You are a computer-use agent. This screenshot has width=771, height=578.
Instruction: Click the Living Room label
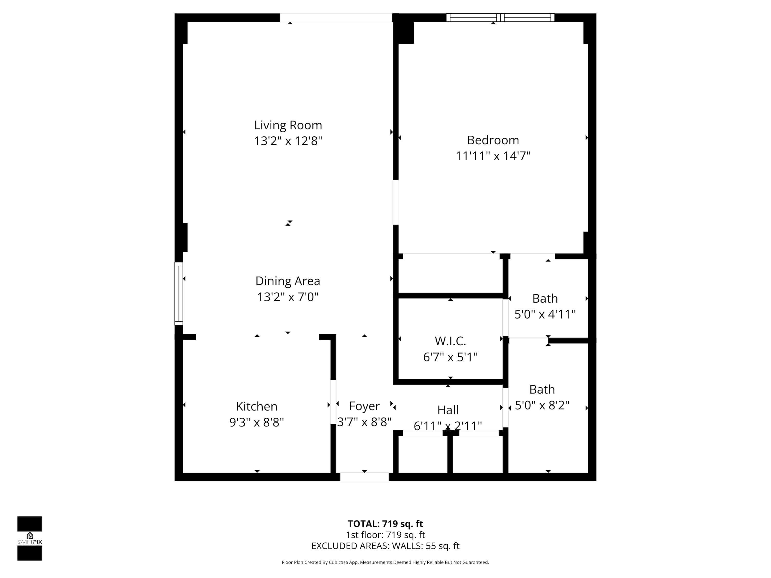pos(288,125)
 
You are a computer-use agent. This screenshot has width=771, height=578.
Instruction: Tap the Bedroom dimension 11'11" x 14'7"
pos(493,156)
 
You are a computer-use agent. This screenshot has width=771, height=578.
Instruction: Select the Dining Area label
pos(288,281)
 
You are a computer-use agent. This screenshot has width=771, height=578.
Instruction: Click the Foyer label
pos(364,406)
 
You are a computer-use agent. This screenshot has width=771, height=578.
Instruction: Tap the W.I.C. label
pos(450,341)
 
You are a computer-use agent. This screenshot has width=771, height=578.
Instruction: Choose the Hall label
pos(448,410)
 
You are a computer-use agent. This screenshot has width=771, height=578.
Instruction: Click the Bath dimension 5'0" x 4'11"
pos(545,314)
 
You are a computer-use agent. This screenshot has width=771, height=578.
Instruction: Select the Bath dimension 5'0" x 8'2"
pos(542,405)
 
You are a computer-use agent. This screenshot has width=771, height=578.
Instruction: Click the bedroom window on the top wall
pos(500,17)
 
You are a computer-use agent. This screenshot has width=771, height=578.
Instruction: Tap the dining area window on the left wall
pos(178,294)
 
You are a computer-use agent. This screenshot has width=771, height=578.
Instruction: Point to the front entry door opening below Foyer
pos(364,477)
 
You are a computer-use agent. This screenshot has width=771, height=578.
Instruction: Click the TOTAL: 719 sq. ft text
pos(385,524)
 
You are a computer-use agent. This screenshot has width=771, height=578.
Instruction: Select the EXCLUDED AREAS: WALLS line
pos(385,546)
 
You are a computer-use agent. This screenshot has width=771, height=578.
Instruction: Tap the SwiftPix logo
pos(30,538)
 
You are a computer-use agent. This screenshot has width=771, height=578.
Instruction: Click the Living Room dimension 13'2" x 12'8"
pos(288,141)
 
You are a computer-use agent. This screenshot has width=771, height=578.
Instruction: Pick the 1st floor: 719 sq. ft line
pos(385,535)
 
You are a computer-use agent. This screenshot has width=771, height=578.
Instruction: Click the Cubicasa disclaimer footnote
pos(385,562)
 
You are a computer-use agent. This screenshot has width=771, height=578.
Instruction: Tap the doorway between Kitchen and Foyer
pos(333,402)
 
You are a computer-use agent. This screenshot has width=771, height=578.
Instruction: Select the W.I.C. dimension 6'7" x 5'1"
pos(450,357)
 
